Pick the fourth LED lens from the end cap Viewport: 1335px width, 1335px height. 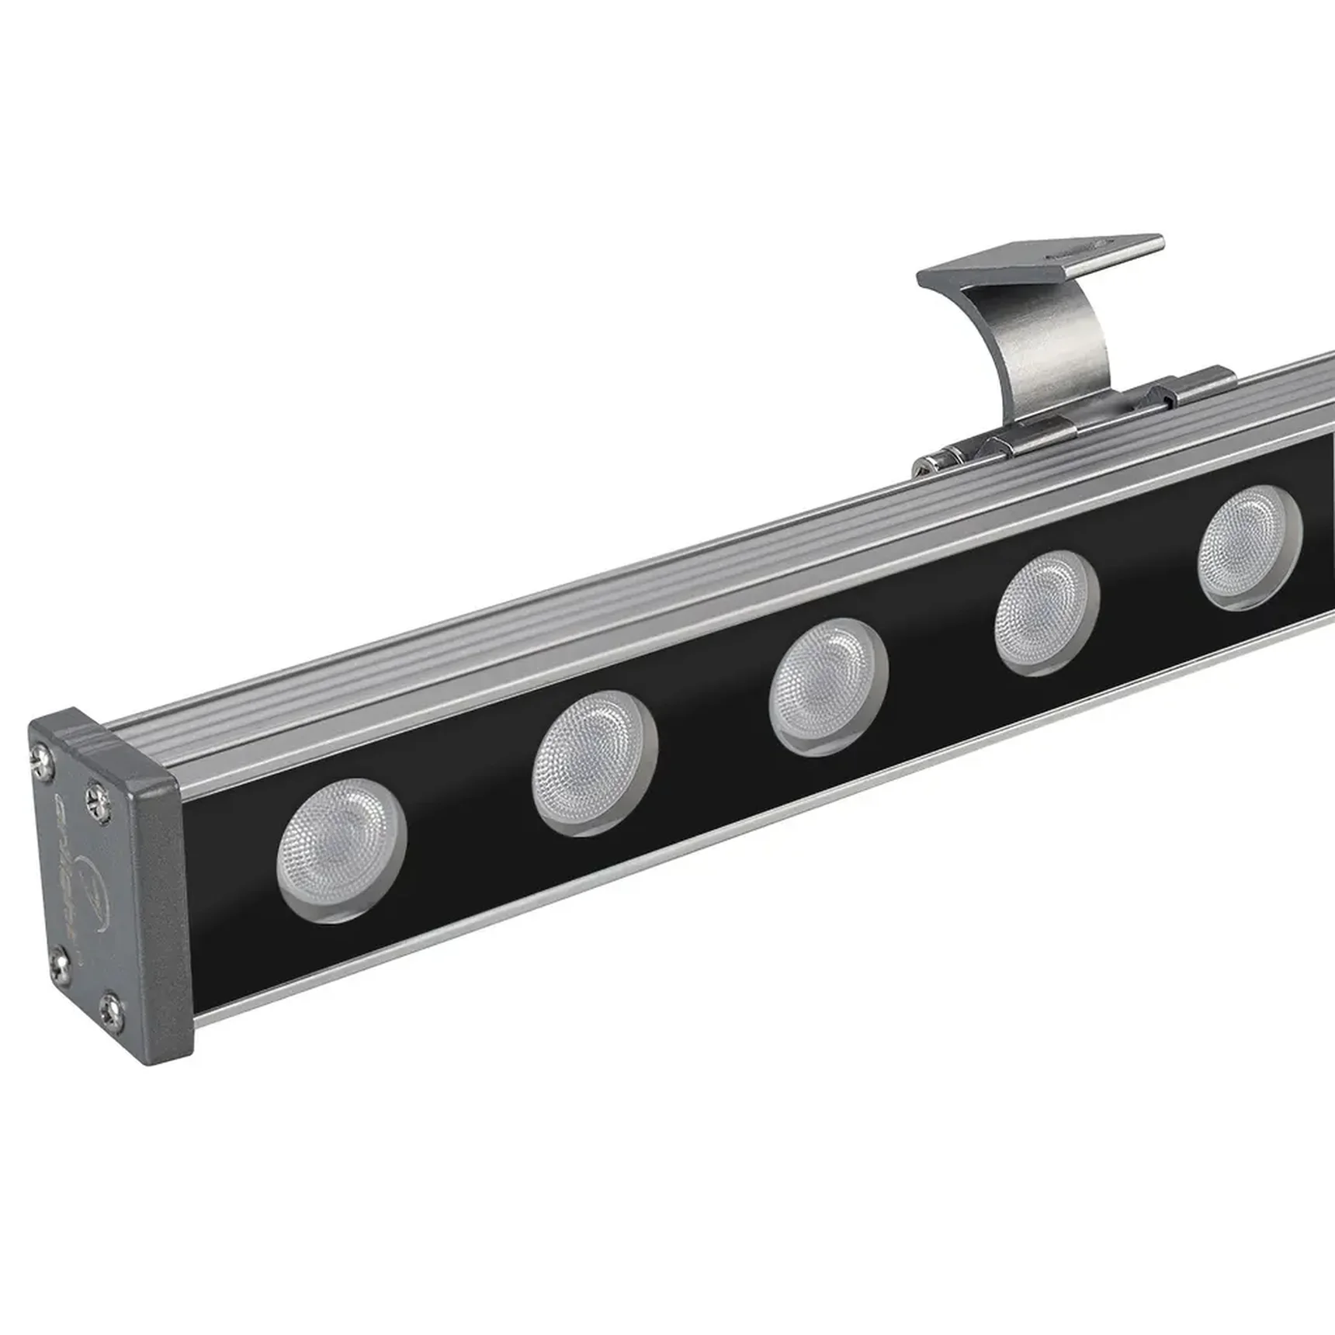1045,612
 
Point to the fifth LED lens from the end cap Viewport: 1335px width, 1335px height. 1249,546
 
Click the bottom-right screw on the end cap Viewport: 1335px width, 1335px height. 113,1009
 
